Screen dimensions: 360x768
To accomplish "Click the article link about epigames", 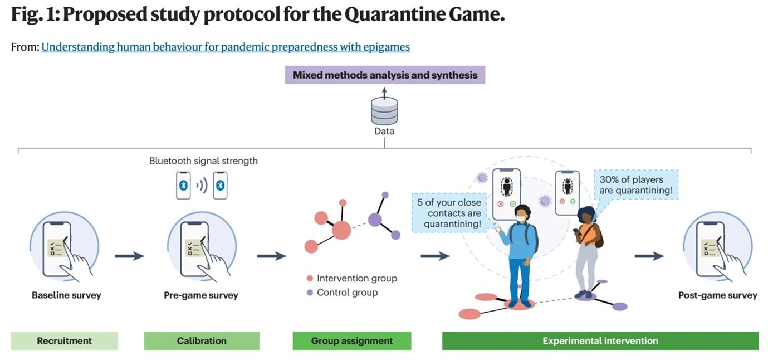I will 226,47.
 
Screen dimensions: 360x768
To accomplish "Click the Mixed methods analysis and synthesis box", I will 385,75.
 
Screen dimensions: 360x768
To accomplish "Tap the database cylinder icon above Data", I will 384,110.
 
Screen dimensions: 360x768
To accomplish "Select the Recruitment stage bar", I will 65,340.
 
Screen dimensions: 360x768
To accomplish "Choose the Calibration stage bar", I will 202,340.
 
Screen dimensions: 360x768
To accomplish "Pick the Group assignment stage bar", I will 352,340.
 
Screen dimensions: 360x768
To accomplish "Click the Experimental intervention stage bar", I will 600,340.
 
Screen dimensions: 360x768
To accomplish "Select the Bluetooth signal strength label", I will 203,160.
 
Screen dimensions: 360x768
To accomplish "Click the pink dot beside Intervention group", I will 310,278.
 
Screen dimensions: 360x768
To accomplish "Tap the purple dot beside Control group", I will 310,293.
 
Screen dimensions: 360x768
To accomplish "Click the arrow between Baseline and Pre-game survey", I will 129,256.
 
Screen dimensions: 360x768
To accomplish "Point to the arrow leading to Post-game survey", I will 649,256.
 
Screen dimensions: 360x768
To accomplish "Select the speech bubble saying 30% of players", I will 635,185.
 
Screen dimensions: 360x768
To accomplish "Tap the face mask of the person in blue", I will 521,219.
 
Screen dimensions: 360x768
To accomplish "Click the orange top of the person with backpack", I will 587,233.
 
